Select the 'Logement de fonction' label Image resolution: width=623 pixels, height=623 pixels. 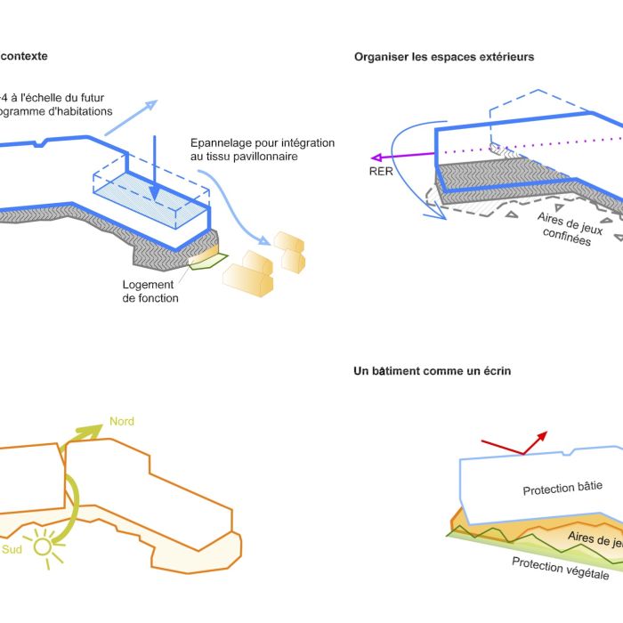[x=150, y=291]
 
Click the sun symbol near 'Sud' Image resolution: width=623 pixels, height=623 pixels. [x=41, y=546]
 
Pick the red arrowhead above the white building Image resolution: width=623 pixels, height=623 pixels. [x=542, y=437]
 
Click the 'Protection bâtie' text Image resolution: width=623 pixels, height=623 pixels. [x=562, y=490]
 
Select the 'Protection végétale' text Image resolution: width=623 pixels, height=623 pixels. [x=561, y=567]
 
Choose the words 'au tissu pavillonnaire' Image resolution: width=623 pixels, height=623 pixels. [x=242, y=157]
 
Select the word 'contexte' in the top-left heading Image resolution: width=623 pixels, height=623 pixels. [x=24, y=56]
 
